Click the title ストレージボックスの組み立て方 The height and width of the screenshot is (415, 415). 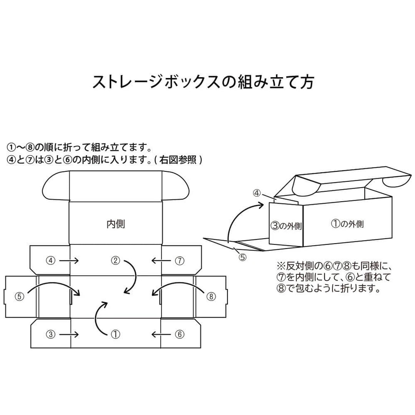[203, 81]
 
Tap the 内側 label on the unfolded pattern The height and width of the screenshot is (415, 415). [116, 224]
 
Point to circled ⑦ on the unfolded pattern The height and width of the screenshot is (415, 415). [179, 261]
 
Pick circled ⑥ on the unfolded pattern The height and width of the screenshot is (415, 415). [179, 334]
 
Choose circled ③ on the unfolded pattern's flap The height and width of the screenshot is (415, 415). [51, 334]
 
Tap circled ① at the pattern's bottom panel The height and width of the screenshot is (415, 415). [116, 334]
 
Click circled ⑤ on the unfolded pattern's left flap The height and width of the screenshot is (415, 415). [20, 296]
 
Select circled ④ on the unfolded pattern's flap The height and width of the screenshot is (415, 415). [51, 261]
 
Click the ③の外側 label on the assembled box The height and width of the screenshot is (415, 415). [286, 226]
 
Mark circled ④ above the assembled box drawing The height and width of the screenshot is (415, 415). [257, 193]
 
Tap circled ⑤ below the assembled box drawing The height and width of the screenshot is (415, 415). [242, 257]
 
